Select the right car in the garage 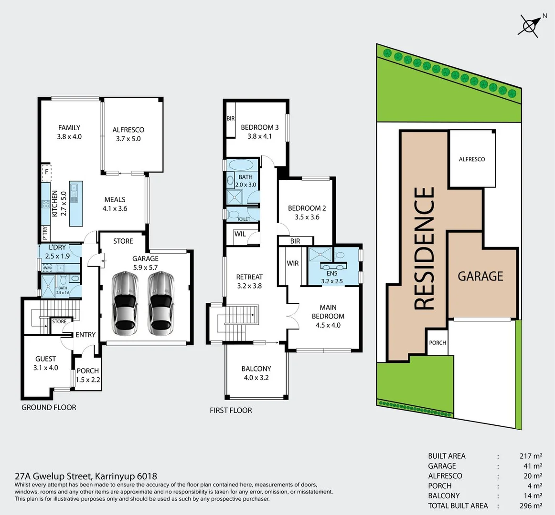160,303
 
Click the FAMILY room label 69,132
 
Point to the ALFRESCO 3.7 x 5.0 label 128,134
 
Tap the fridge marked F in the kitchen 46,173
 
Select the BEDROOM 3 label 259,132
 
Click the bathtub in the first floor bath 242,165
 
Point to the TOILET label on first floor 244,219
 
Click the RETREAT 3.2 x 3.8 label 249,281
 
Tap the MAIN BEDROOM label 328,316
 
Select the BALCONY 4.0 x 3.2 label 256,373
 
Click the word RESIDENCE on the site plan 424,248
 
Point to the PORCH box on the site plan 438,343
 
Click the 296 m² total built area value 530,505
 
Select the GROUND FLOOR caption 49,407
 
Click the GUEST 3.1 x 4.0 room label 46,363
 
